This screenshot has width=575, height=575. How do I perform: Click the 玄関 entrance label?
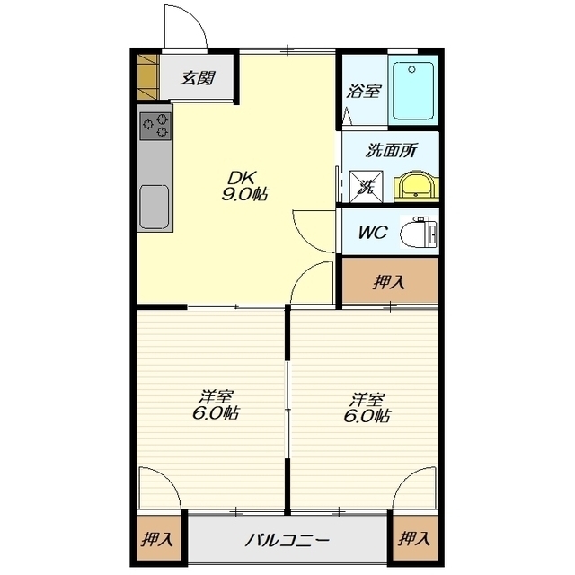(x=198, y=78)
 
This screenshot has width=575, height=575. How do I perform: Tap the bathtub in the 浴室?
(x=413, y=91)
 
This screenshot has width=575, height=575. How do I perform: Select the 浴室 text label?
(x=364, y=91)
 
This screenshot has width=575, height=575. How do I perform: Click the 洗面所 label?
(x=392, y=150)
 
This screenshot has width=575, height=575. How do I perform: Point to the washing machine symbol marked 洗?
(x=366, y=187)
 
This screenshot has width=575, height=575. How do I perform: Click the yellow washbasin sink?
(x=416, y=187)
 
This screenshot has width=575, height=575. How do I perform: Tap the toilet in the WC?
(x=419, y=233)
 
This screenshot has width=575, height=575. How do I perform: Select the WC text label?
(x=373, y=232)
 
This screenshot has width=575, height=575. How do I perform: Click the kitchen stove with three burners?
(x=155, y=126)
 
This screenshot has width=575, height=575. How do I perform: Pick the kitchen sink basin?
(x=155, y=207)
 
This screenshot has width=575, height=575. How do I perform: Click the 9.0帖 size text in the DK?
(x=244, y=194)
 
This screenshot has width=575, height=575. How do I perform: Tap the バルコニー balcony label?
(x=287, y=540)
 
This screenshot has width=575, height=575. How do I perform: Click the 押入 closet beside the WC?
(x=390, y=281)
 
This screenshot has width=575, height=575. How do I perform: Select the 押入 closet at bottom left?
(x=159, y=539)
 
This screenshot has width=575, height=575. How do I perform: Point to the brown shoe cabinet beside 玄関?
(x=147, y=76)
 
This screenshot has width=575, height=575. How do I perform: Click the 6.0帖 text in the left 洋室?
(x=216, y=413)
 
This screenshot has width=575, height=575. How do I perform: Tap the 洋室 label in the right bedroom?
(x=367, y=400)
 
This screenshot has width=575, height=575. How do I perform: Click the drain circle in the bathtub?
(x=411, y=69)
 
